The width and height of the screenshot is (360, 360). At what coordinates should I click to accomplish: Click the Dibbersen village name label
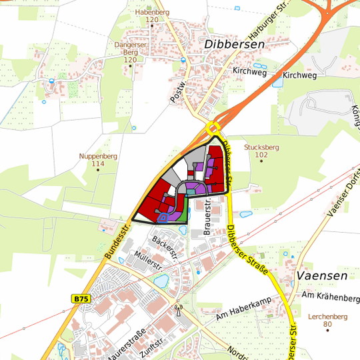(235, 44)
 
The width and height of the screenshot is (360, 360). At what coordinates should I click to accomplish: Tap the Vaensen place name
(323, 275)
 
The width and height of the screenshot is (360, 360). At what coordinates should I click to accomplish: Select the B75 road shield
(81, 299)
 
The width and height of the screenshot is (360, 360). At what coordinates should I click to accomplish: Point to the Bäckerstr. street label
(166, 246)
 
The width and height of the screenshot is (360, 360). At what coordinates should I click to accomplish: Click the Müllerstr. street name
(148, 261)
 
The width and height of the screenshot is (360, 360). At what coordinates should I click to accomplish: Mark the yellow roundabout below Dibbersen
(213, 128)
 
